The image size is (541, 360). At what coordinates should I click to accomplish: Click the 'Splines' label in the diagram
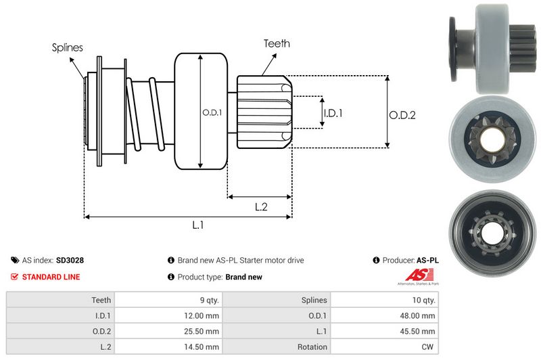point(67,47)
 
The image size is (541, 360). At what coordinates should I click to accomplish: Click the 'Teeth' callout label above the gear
point(277,43)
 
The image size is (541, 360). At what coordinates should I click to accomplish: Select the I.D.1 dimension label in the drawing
point(333,113)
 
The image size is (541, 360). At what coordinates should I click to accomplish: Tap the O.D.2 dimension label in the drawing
point(402,115)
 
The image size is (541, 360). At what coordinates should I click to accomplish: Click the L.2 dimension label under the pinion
point(262,208)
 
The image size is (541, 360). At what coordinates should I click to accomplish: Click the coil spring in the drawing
point(145,112)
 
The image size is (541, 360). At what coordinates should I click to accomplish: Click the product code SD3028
point(70,260)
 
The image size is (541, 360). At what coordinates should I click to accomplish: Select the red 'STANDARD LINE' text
point(51,277)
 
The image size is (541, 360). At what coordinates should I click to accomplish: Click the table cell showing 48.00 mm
point(420,315)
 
